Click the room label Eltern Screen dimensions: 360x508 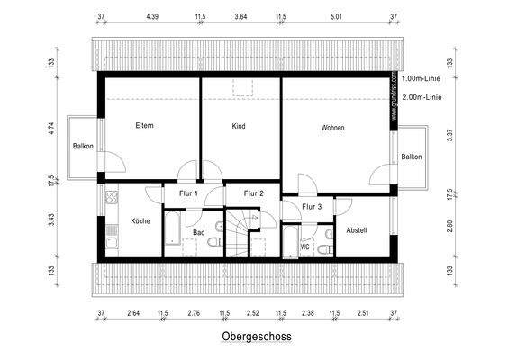coord(144,125)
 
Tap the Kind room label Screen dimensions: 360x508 coord(238,126)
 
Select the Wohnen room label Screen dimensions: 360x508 coord(332,128)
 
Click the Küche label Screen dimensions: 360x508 coord(140,220)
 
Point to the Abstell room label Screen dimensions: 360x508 coord(357,229)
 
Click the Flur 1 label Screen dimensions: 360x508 coord(188,193)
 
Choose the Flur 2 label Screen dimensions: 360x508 coord(254,193)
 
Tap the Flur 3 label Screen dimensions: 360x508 coord(312,207)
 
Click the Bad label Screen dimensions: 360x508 coord(198,231)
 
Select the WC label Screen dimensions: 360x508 coord(305,245)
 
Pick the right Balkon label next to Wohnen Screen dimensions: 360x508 coord(412,157)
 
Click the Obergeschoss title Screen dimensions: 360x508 coord(256,338)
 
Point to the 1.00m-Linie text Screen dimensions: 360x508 coord(422,79)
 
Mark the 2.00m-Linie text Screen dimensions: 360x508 coord(422,97)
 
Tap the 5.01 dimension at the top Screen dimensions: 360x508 coord(337,17)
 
